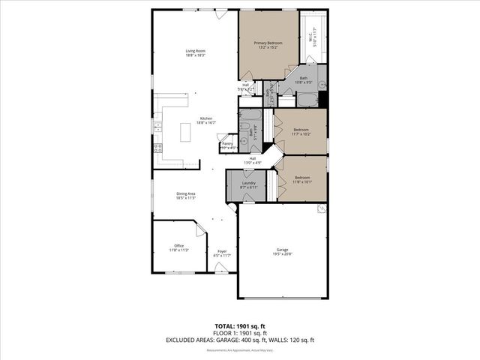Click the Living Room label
coord(196,52)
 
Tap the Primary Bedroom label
coord(268,46)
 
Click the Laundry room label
coord(249,185)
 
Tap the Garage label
coord(282,252)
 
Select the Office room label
coord(178,247)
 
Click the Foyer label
coord(222,253)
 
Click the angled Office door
coord(200,228)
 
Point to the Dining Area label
coord(186,196)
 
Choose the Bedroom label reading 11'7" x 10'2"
coord(301,131)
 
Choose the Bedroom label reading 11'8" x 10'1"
coord(301,179)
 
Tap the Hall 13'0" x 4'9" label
coord(253,160)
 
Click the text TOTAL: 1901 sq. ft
coord(240,327)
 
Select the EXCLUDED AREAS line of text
coord(240,340)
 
